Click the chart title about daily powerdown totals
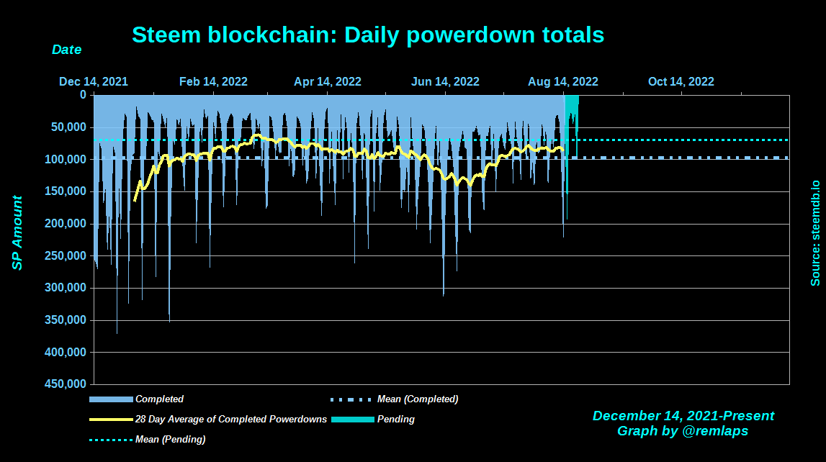click(x=368, y=35)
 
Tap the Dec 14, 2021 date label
click(x=94, y=81)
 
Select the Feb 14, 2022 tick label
click(x=213, y=81)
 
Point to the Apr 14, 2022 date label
click(x=328, y=81)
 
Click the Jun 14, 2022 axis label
click(x=445, y=81)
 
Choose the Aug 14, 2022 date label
click(x=563, y=81)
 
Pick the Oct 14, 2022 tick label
click(x=681, y=81)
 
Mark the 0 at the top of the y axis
click(x=83, y=94)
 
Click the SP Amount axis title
click(x=17, y=233)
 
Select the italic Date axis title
click(x=66, y=50)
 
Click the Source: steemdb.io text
click(x=815, y=233)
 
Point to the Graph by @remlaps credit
click(x=683, y=431)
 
